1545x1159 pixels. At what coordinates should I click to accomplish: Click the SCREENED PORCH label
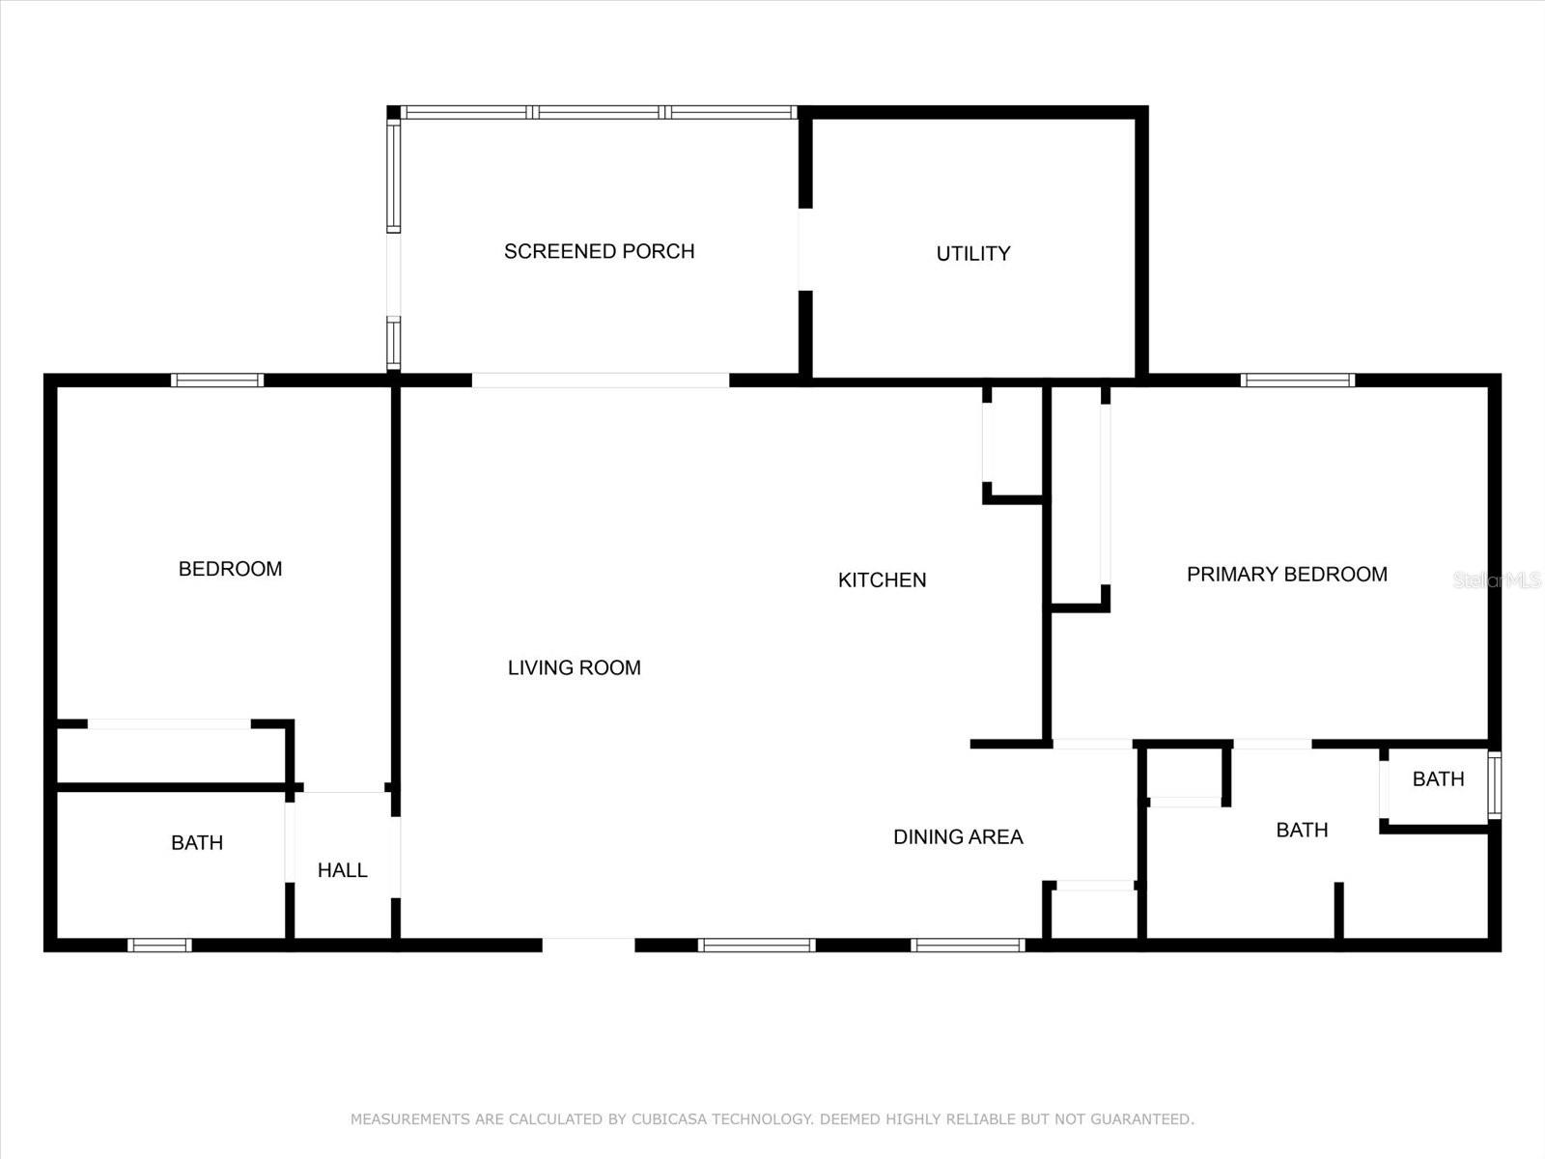[x=599, y=251]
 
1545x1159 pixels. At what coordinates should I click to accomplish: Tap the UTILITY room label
[x=972, y=253]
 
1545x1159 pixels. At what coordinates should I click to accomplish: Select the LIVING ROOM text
[x=574, y=667]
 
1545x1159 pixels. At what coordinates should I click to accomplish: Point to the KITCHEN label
[x=882, y=579]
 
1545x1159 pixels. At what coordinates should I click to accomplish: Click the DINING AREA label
[x=957, y=836]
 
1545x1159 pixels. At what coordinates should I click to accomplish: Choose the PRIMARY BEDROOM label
[x=1286, y=574]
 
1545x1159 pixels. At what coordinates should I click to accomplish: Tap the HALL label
[x=342, y=870]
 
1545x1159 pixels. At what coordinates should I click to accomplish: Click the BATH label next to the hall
[x=197, y=842]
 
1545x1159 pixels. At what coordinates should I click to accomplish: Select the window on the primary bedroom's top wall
[x=1297, y=381]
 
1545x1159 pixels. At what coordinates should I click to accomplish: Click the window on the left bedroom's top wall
[x=217, y=381]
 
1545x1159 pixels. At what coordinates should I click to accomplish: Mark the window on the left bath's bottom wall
[x=159, y=946]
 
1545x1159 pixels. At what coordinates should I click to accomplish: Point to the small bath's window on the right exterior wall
[x=1494, y=785]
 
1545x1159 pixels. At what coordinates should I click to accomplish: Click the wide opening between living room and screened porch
[x=600, y=381]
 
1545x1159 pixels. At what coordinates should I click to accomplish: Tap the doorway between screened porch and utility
[x=804, y=249]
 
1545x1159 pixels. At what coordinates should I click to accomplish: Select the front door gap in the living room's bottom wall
[x=588, y=946]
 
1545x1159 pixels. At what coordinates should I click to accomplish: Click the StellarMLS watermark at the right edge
[x=1497, y=580]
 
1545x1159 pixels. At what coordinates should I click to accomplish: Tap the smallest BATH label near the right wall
[x=1438, y=778]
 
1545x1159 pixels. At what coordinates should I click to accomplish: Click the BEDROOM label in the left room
[x=230, y=569]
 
